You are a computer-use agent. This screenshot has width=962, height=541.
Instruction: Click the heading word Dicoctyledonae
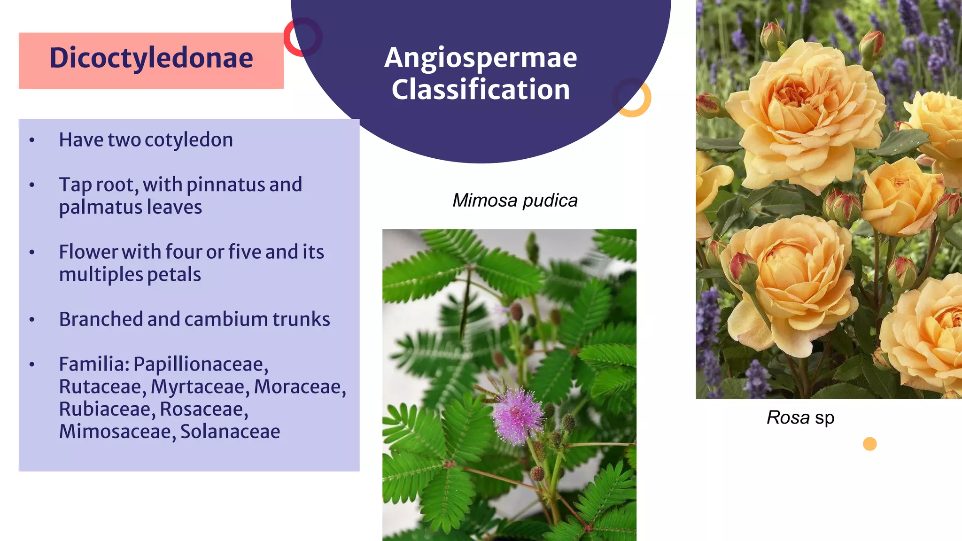pos(151,58)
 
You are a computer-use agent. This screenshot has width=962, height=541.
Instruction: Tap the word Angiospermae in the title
pos(481,58)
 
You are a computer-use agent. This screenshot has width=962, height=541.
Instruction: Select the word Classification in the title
pos(481,89)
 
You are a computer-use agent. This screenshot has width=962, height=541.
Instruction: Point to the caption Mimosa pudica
pos(515,201)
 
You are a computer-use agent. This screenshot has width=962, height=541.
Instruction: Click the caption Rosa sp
pos(800,417)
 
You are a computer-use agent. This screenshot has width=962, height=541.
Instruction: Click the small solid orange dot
pos(869,444)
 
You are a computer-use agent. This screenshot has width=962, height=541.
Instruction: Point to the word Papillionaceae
pos(201,364)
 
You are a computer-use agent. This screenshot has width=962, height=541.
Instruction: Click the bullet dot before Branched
pos(32,320)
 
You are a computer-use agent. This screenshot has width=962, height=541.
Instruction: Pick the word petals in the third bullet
pos(174,275)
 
